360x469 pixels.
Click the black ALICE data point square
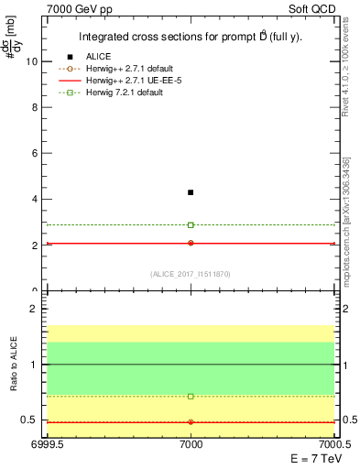point(191,192)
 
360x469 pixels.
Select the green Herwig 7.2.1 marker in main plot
point(191,224)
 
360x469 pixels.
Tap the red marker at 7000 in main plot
point(191,243)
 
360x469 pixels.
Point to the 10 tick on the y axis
point(35,61)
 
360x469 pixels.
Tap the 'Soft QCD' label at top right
point(311,10)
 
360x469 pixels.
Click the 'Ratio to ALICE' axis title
point(14,364)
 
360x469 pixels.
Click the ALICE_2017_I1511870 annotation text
point(191,273)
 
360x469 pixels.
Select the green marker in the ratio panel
point(191,397)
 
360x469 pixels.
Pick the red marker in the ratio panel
point(191,422)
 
